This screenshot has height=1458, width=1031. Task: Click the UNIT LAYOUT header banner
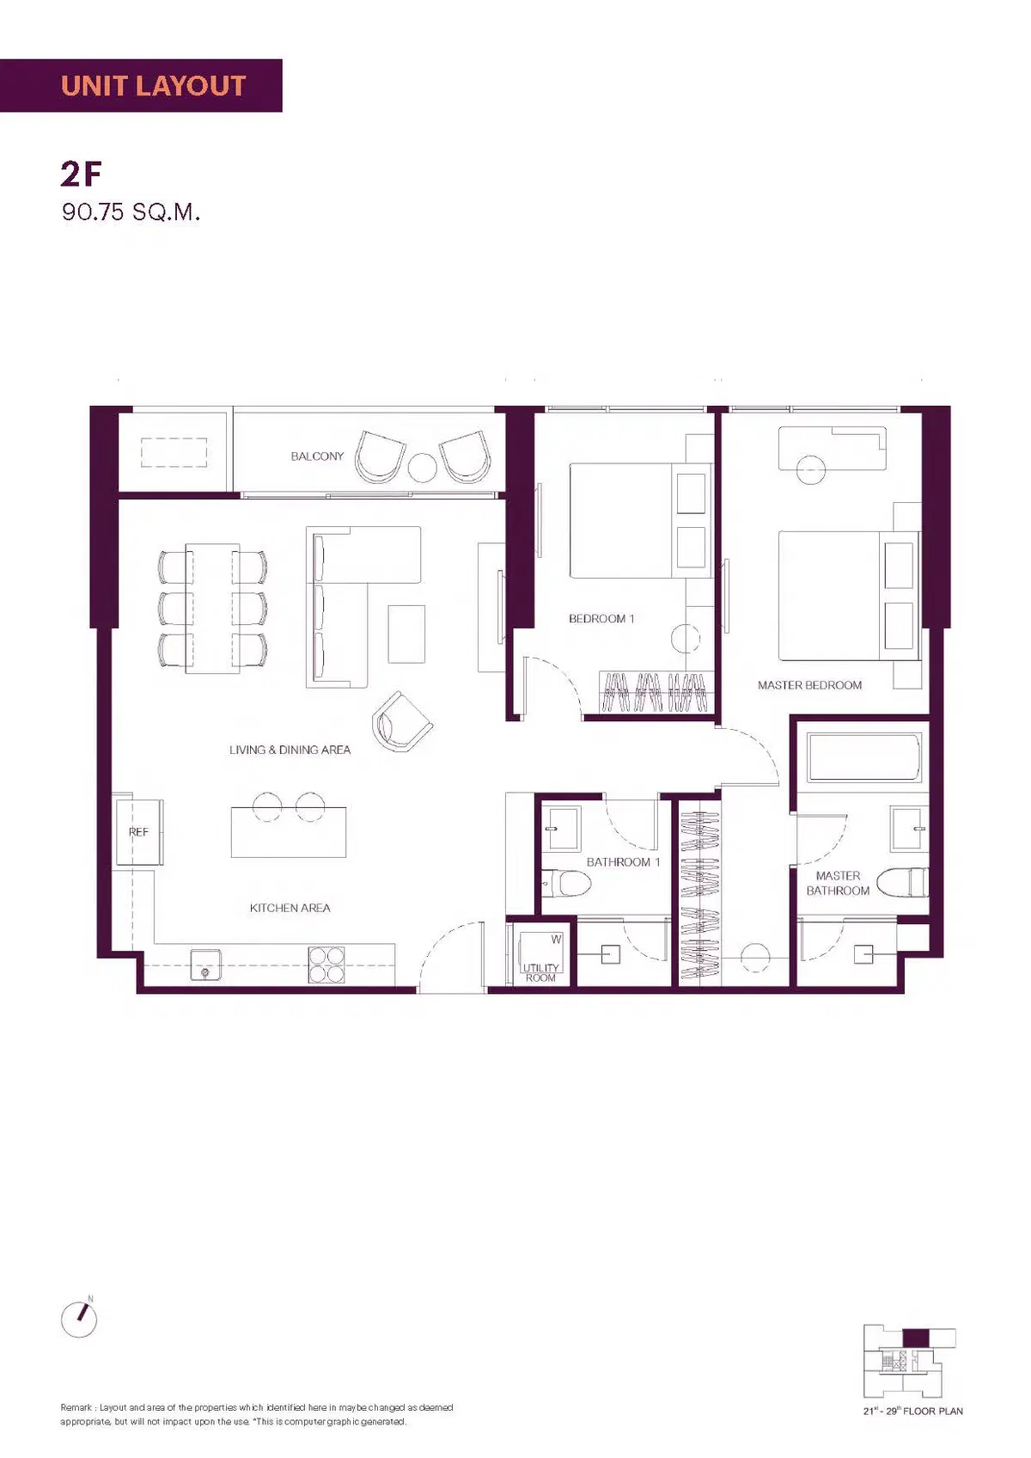[141, 85]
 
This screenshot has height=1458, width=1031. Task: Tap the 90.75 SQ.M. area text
[131, 212]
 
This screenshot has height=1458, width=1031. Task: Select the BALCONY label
[317, 456]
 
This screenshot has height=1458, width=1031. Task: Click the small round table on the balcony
[422, 468]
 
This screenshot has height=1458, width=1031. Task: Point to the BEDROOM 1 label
[601, 618]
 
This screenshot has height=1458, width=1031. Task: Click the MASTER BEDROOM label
[809, 685]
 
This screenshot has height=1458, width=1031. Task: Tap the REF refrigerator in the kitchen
[138, 832]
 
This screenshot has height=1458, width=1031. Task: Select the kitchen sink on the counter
[205, 964]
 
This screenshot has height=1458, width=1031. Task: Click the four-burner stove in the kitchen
[326, 964]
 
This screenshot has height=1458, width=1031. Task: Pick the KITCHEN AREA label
[290, 907]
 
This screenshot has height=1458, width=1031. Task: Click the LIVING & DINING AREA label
[290, 750]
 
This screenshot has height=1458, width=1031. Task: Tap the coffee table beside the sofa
[406, 634]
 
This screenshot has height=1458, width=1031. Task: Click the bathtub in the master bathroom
[863, 757]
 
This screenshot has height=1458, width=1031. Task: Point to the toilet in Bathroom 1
[566, 883]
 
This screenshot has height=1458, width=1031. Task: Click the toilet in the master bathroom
[901, 883]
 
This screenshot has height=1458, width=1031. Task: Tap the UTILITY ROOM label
[540, 972]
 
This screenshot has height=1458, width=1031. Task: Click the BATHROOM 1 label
[623, 861]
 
